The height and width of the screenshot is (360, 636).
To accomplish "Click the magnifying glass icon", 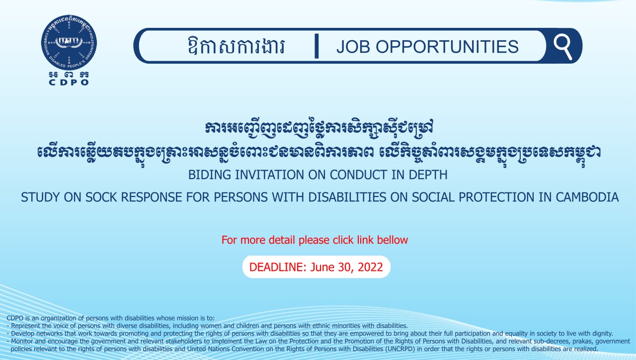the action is (x=563, y=47).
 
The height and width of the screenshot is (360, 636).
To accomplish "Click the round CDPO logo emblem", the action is (x=69, y=43).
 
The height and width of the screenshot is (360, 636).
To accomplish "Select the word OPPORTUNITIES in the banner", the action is (x=447, y=47).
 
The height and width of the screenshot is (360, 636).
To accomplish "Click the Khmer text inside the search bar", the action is (x=236, y=46).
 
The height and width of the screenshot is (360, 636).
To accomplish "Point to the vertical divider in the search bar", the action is (x=317, y=46).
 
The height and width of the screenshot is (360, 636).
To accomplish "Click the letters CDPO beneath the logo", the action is (x=69, y=83).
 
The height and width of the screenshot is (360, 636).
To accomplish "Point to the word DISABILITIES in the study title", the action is (x=347, y=197).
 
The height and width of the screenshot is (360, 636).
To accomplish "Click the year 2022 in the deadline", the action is (x=370, y=267).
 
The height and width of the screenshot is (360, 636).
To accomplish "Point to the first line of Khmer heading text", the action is (x=319, y=128).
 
